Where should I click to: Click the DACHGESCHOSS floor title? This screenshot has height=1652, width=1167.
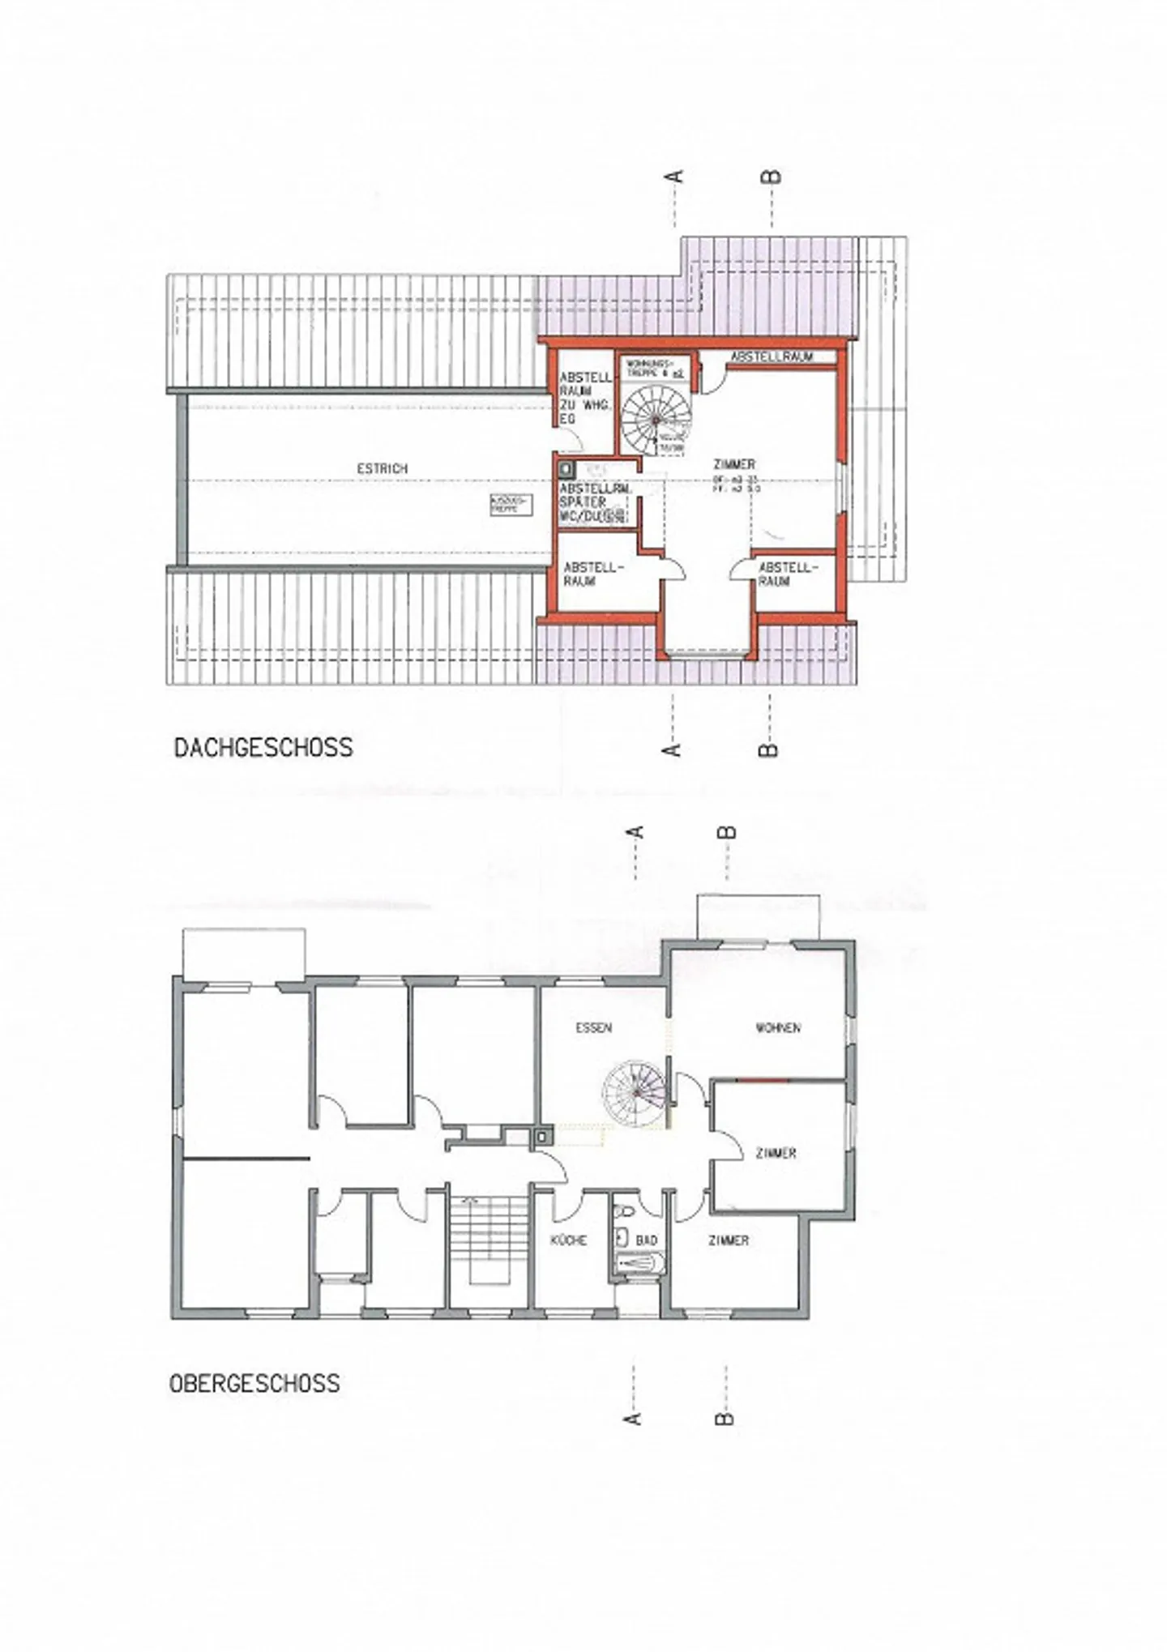coord(263,747)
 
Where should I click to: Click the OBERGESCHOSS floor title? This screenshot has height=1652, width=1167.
coord(254,1383)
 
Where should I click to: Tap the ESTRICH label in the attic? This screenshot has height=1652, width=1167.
coord(383,468)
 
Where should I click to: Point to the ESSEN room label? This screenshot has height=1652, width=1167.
coord(593,1028)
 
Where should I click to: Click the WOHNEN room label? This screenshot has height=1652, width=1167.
coord(778,1028)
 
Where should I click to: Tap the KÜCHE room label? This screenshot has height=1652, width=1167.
coord(568,1240)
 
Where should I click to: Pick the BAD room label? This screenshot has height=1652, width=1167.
coord(646,1240)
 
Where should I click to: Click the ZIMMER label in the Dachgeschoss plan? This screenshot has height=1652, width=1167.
coord(734,464)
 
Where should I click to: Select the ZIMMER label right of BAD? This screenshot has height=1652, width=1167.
coord(728,1240)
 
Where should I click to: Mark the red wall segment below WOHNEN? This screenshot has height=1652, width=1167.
coord(762,1081)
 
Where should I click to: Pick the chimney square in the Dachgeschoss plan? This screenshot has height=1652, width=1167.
coord(565,468)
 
